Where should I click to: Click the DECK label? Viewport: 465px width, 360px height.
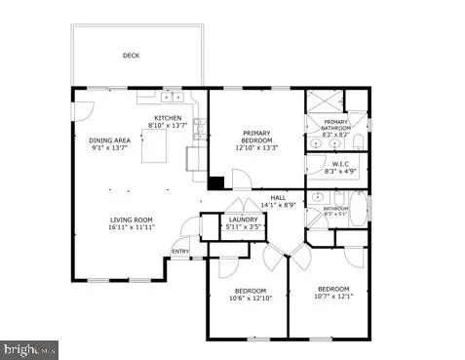tap(131, 57)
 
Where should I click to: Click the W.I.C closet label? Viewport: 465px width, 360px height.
tap(341, 163)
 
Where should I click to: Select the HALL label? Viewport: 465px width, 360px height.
tap(278, 198)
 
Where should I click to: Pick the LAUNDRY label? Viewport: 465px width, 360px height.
tap(243, 220)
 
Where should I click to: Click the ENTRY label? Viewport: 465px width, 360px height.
tap(180, 251)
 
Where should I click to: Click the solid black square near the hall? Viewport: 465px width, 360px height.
tap(217, 181)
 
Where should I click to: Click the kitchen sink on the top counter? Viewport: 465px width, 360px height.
tap(174, 97)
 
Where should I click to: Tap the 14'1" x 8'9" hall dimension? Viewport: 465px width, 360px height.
tap(278, 206)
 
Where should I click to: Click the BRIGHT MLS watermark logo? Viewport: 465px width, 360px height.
tap(29, 348)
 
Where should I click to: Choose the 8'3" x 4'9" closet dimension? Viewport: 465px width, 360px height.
tap(341, 171)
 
